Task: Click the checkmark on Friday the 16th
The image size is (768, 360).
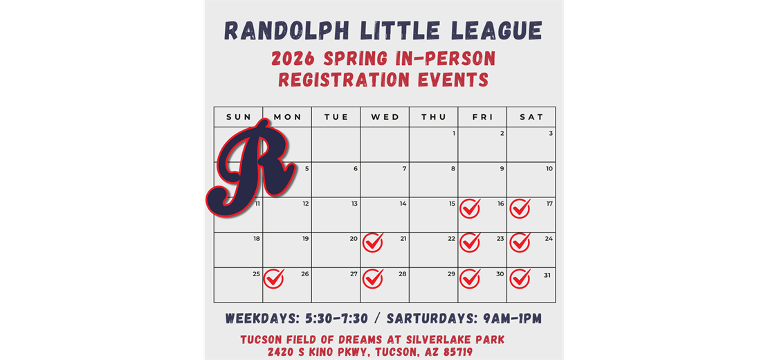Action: (x=470, y=208)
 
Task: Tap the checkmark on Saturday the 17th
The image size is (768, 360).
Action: (x=520, y=208)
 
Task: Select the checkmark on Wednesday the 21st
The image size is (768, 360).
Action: (x=373, y=242)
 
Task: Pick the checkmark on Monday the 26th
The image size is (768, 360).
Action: (x=274, y=278)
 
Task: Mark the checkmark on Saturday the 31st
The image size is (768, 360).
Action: (x=520, y=278)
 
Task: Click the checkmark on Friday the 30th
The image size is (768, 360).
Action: (x=470, y=278)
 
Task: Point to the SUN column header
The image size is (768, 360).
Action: (x=239, y=117)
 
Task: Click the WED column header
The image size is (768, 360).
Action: (x=385, y=117)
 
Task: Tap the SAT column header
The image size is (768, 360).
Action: (x=531, y=117)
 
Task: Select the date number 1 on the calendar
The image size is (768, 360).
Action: (x=453, y=134)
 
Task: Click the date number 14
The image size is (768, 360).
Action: (x=403, y=204)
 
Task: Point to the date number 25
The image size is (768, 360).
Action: (x=256, y=274)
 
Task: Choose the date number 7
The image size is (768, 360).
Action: (x=404, y=168)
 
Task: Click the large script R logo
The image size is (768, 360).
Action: (x=251, y=167)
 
